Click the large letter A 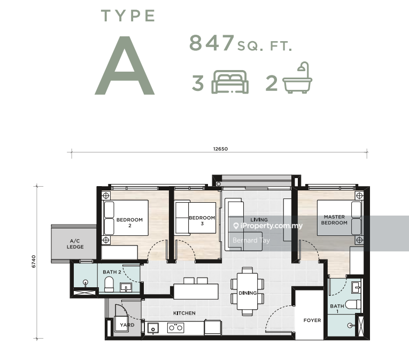coord(125,65)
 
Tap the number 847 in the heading coord(212,43)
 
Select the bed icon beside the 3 coord(230,82)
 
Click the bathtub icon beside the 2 coord(297,78)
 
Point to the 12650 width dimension coord(220,149)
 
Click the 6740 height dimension coord(34,262)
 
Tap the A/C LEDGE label coord(75,244)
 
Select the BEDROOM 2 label coord(129,223)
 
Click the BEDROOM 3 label coord(202,220)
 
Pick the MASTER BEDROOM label coord(334,220)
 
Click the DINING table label coord(248,293)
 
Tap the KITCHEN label coord(184,313)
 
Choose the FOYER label coord(312,320)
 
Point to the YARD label coord(127,325)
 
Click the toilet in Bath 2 coord(109,284)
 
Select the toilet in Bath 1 coord(353,305)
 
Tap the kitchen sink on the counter coord(153,328)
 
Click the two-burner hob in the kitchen coord(175,328)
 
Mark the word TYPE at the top coord(128,16)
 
